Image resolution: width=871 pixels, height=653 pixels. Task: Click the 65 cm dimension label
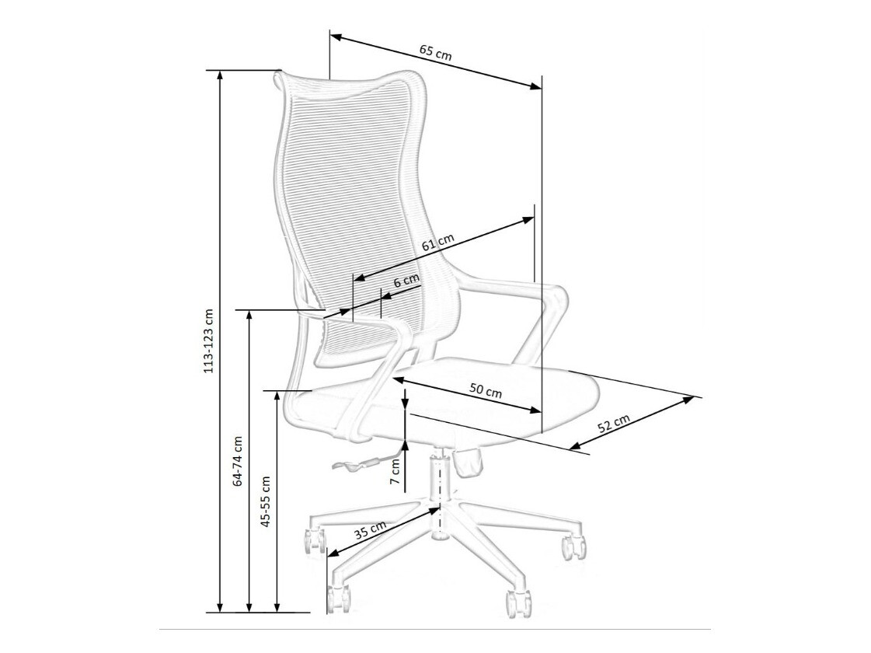pyautogui.click(x=436, y=51)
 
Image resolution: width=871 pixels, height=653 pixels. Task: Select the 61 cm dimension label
pyautogui.click(x=437, y=243)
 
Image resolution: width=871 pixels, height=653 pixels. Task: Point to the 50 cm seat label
pyautogui.click(x=486, y=391)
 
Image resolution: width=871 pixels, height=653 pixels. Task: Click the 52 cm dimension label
pyautogui.click(x=614, y=424)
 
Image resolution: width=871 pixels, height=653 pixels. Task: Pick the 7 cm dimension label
pyautogui.click(x=395, y=472)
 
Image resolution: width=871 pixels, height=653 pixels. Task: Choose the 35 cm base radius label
pyautogui.click(x=370, y=531)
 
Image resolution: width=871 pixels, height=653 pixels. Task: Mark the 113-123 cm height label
pyautogui.click(x=209, y=340)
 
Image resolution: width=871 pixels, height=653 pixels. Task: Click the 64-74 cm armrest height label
pyautogui.click(x=238, y=461)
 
